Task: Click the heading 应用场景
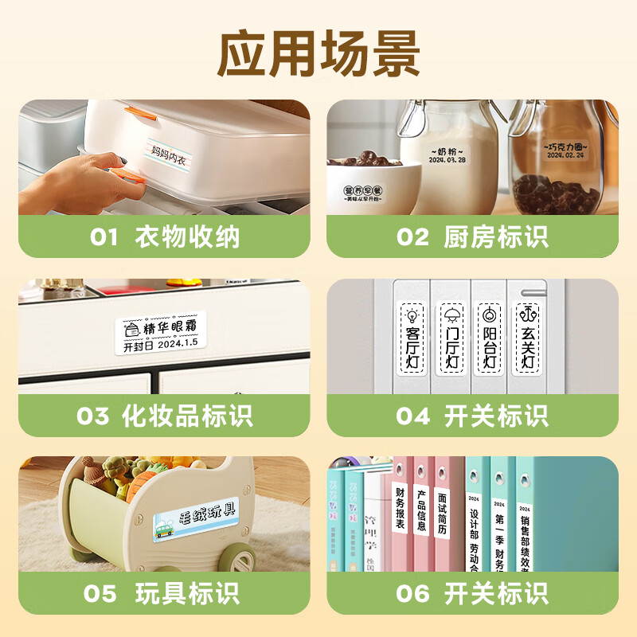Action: [x=318, y=53]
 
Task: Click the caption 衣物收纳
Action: [x=187, y=236]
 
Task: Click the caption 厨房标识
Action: [x=495, y=236]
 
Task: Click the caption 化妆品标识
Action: [x=187, y=415]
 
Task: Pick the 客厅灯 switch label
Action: [x=413, y=338]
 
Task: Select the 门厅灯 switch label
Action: [x=451, y=338]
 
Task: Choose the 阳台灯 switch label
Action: [x=489, y=338]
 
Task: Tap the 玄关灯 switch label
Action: [x=527, y=338]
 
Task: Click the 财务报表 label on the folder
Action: [x=400, y=507]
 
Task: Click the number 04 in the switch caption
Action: [x=412, y=416]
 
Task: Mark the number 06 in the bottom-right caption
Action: [x=412, y=594]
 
